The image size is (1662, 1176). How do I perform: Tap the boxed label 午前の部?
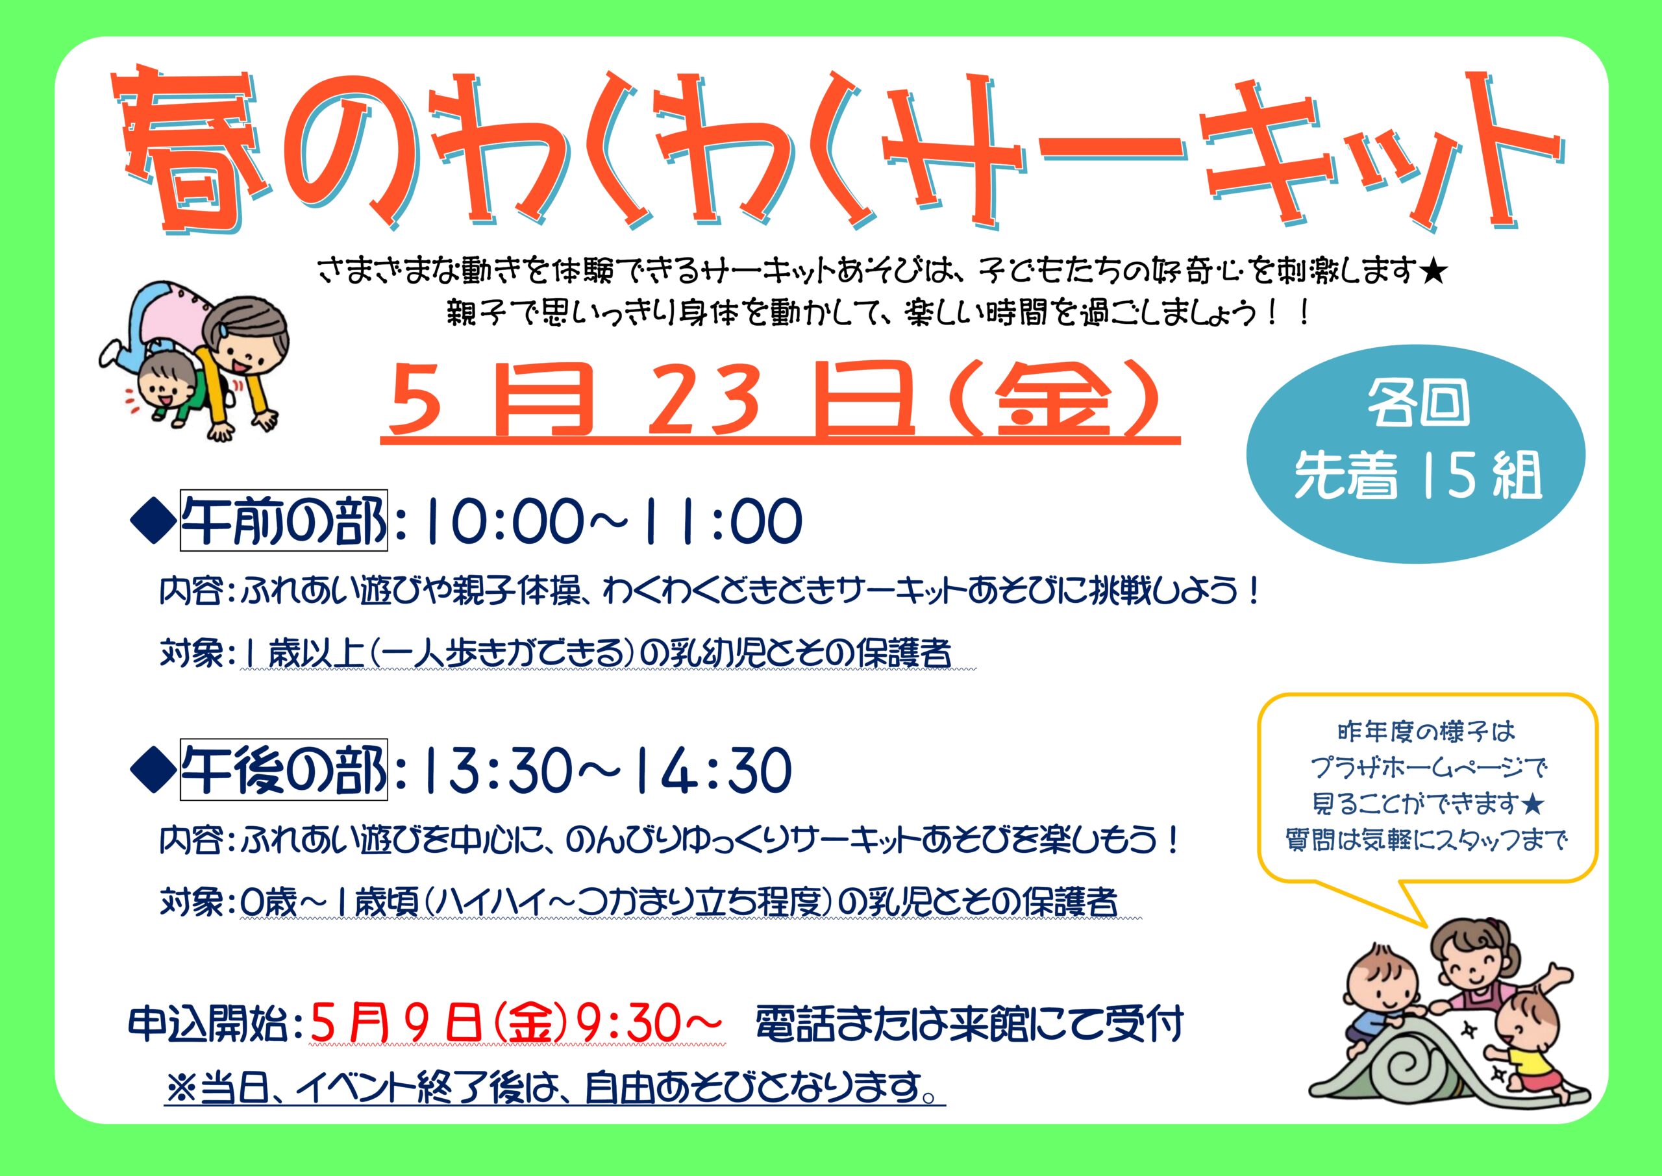283,520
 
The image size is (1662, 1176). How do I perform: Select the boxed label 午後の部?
283,769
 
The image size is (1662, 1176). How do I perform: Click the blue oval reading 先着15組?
1416,454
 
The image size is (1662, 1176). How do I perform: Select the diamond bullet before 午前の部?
153,521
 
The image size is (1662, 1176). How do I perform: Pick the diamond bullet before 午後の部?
153,770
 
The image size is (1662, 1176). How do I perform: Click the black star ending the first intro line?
1433,273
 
